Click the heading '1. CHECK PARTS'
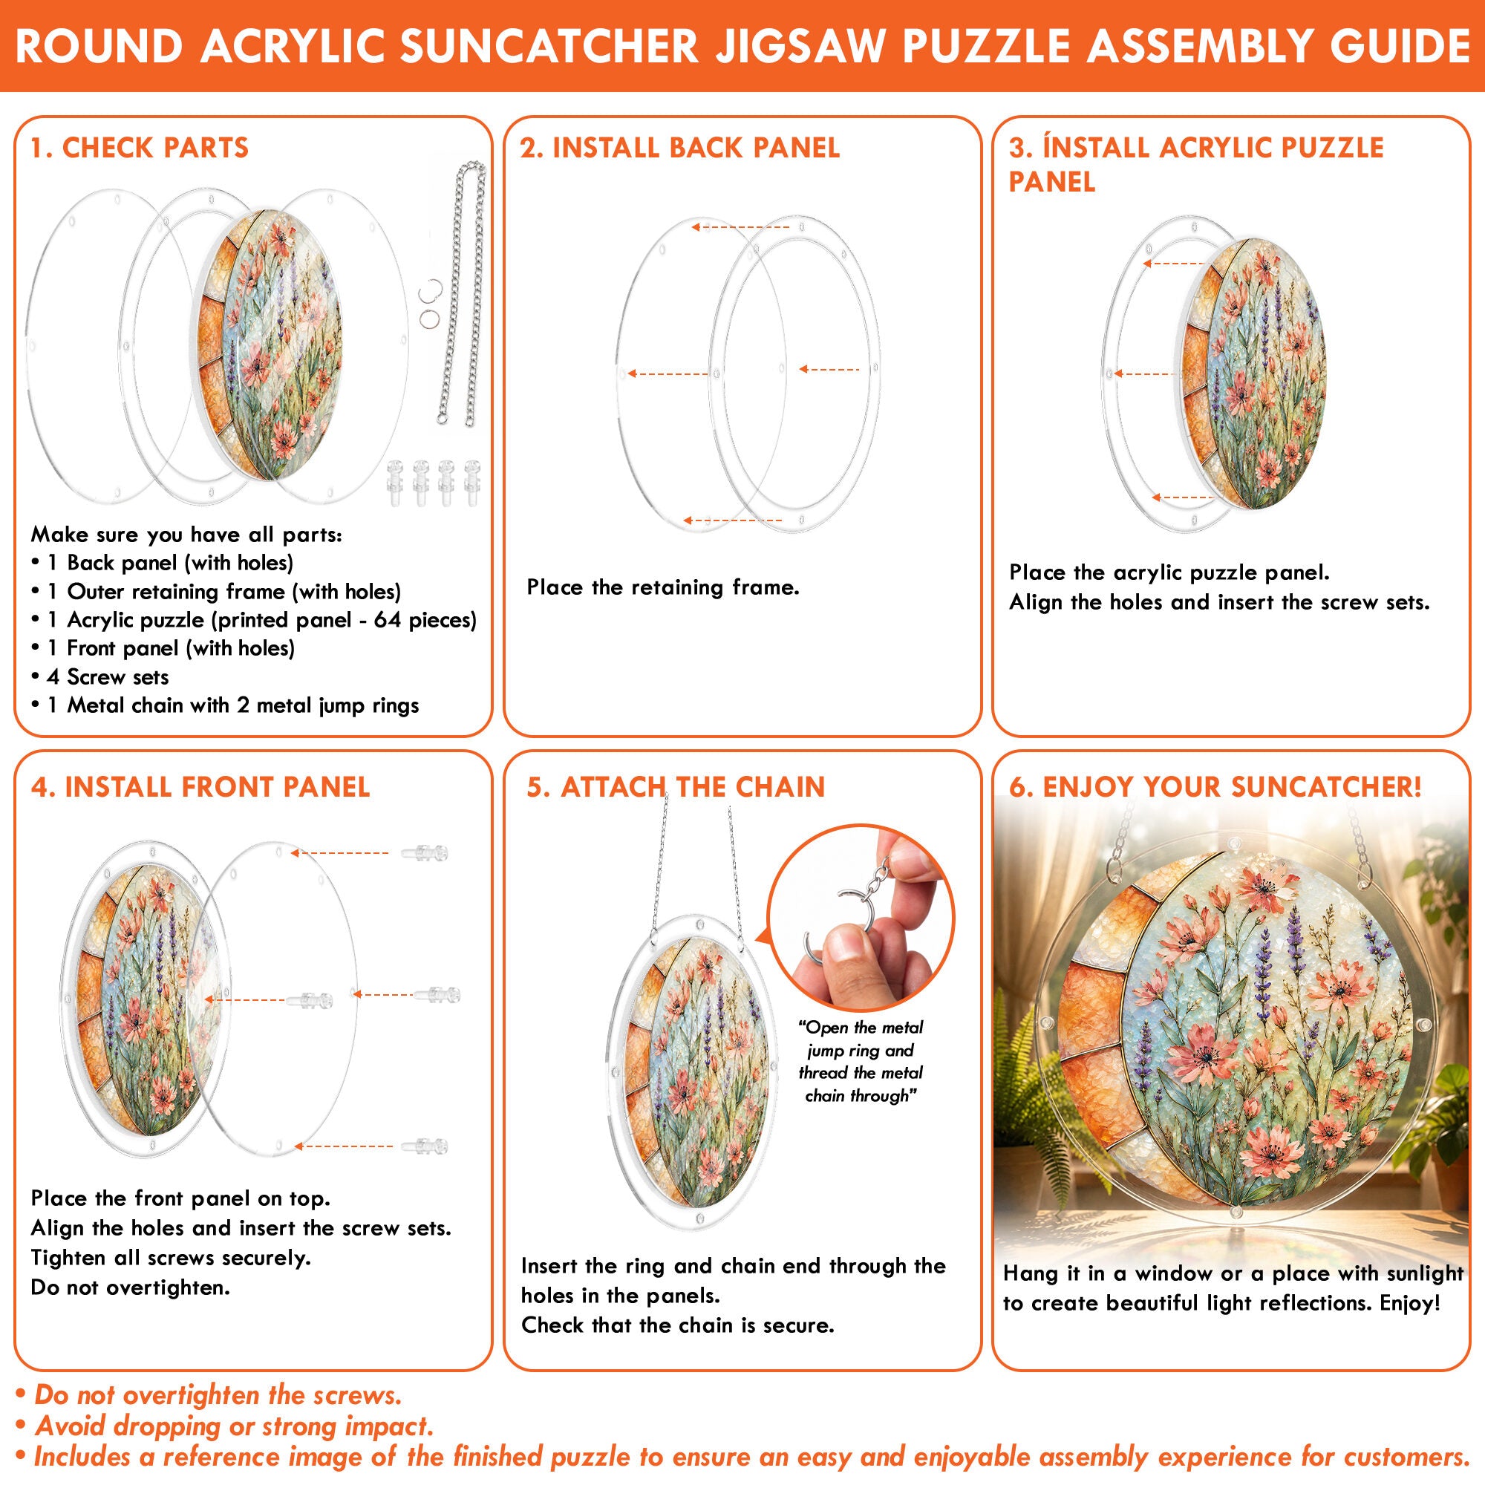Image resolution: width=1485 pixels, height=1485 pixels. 140,148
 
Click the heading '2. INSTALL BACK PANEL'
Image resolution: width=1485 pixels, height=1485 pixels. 679,148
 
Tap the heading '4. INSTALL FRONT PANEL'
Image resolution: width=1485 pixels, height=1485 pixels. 200,787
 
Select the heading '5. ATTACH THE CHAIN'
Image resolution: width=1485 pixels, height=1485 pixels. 676,787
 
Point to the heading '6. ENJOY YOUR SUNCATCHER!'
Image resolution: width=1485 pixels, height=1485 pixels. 1215,787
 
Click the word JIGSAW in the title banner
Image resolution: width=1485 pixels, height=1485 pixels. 800,46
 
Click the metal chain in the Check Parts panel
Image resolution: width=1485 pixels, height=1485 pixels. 462,292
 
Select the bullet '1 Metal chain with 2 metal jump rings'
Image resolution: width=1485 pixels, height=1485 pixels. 225,705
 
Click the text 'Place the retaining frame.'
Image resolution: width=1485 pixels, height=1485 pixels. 663,588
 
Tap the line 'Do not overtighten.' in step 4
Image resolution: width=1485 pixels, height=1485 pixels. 131,1287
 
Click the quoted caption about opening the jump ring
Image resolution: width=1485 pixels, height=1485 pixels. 861,1062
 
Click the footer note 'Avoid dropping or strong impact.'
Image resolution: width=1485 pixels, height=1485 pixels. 225,1426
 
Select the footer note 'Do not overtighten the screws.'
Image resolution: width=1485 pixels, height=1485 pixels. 209,1395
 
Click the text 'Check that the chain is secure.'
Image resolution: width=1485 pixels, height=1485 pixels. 678,1325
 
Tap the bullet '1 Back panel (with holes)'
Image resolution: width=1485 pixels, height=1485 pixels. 162,564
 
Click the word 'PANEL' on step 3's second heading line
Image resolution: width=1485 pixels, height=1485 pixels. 1052,182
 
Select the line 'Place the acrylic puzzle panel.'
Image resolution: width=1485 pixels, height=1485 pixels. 1170,572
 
